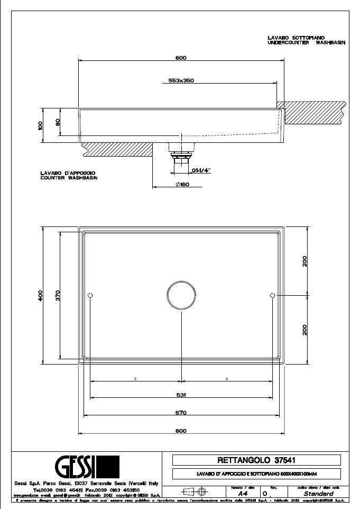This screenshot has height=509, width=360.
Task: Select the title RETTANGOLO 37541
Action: pyautogui.click(x=256, y=460)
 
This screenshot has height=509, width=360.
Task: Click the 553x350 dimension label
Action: pyautogui.click(x=181, y=81)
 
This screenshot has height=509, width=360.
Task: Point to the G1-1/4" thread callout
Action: pyautogui.click(x=201, y=170)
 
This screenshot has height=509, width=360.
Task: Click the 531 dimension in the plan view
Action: pyautogui.click(x=181, y=395)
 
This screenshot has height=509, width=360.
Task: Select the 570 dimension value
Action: pyautogui.click(x=181, y=413)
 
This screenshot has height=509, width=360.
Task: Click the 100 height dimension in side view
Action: pyautogui.click(x=40, y=125)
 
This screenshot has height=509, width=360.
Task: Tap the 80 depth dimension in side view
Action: pyautogui.click(x=58, y=122)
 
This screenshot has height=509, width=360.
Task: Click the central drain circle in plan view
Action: pyautogui.click(x=181, y=295)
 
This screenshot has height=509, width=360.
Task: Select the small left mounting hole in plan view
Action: pyautogui.click(x=90, y=295)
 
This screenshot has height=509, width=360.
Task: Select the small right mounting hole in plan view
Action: pyautogui.click(x=272, y=295)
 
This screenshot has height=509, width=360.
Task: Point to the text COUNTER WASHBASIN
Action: pyautogui.click(x=69, y=178)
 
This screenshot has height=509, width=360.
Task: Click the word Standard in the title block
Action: pyautogui.click(x=318, y=493)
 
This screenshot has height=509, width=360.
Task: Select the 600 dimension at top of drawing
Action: pyautogui.click(x=181, y=58)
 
